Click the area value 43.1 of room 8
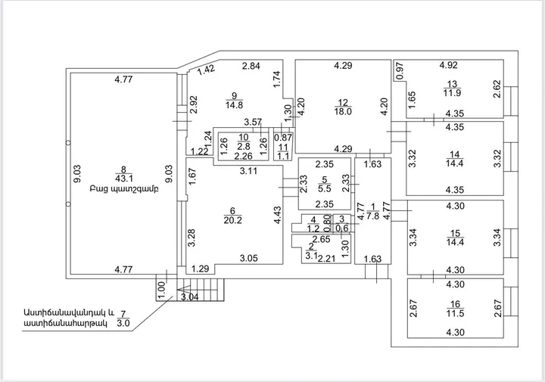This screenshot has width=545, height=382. (123, 179)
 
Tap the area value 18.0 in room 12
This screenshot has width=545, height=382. (343, 111)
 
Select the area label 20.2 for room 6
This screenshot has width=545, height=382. (233, 220)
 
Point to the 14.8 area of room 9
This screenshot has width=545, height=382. (234, 105)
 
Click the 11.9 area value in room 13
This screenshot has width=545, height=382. (452, 93)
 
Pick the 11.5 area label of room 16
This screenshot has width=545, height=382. (456, 314)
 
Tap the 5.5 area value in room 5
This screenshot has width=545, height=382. (325, 189)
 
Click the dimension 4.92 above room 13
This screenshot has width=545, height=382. (448, 65)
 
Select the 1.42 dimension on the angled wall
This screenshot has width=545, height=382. (206, 70)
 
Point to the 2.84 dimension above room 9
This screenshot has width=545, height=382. (251, 66)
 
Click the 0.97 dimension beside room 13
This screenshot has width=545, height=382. (400, 71)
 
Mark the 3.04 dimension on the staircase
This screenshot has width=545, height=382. (190, 297)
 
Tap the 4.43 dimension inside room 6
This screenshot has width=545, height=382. (277, 216)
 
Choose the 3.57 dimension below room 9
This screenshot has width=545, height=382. (253, 122)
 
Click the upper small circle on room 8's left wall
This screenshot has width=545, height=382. (68, 143)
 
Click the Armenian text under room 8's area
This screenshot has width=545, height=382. (124, 190)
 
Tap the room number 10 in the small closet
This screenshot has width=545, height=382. (244, 137)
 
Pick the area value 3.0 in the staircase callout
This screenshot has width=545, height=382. (123, 323)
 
